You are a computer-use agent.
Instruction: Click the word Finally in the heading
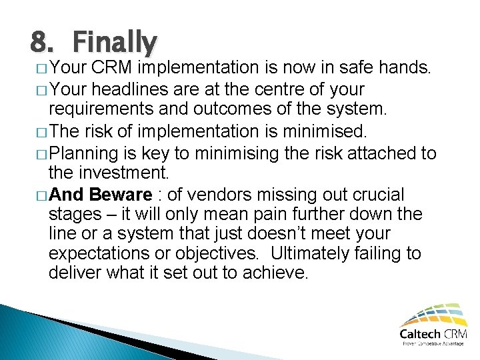pyautogui.click(x=115, y=43)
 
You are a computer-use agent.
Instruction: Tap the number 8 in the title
pyautogui.click(x=39, y=43)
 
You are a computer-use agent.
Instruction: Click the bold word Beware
pyautogui.click(x=121, y=195)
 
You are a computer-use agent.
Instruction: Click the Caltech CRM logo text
pyautogui.click(x=431, y=334)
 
